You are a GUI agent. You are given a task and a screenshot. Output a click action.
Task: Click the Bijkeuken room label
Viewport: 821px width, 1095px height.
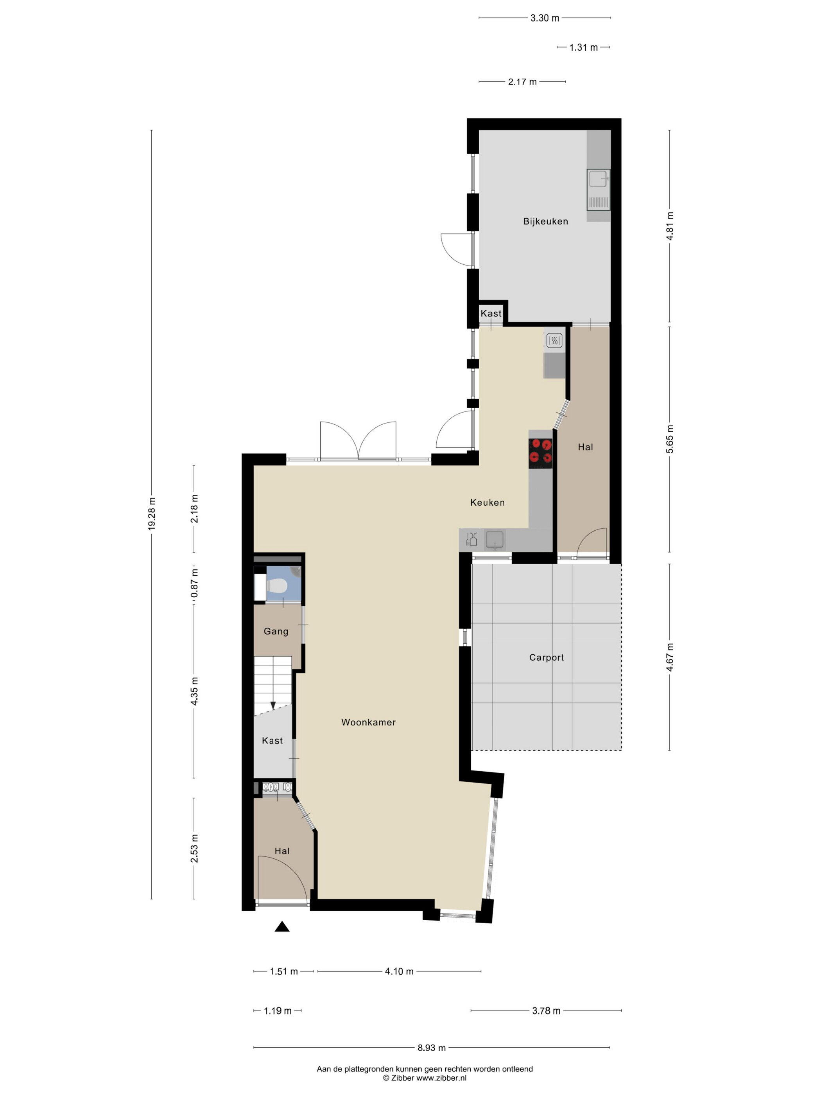(x=545, y=221)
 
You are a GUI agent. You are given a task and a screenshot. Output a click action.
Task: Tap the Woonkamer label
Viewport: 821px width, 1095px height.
(x=368, y=722)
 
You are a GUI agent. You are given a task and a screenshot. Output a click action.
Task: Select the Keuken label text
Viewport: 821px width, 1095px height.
(x=488, y=503)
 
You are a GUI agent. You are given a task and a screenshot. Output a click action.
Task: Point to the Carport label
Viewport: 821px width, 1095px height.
(x=546, y=657)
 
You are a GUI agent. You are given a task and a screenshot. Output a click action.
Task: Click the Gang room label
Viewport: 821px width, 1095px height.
(x=276, y=631)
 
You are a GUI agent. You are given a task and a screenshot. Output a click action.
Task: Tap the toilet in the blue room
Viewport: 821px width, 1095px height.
(x=277, y=587)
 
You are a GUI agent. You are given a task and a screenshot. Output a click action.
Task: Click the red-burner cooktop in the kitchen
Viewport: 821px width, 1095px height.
(x=540, y=453)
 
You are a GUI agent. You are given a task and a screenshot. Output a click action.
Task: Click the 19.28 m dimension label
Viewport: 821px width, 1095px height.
(x=151, y=514)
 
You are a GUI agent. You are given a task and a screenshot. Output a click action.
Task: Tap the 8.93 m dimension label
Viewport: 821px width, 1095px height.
(x=432, y=1047)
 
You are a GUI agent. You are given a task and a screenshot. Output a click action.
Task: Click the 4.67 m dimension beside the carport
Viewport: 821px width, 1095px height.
(x=670, y=657)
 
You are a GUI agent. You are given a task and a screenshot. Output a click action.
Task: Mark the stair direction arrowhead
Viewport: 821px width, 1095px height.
(x=272, y=705)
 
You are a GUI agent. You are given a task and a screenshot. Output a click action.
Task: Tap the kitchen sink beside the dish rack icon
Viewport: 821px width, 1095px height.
(x=495, y=540)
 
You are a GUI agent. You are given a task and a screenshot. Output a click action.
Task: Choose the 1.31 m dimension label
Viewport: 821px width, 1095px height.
(x=583, y=48)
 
